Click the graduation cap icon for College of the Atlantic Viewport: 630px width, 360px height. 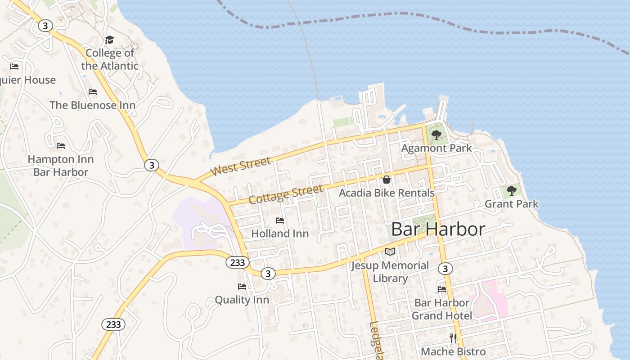click(109, 40)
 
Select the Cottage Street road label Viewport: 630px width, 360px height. click(286, 194)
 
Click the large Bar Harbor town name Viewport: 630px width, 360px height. click(438, 229)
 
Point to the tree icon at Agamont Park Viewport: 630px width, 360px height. click(436, 135)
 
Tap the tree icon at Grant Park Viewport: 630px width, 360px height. click(511, 191)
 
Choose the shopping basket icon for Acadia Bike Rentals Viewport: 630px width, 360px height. click(386, 180)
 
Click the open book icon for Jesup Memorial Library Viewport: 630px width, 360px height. click(390, 252)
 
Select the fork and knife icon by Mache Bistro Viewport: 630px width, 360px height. click(453, 338)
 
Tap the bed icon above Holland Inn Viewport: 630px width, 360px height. click(280, 220)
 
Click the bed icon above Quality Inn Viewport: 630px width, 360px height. click(242, 287)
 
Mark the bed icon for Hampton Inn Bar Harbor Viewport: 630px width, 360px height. click(61, 146)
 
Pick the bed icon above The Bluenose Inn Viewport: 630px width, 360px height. click(93, 92)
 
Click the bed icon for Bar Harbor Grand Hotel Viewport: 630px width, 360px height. click(442, 289)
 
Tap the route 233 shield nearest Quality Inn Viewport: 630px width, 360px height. click(237, 263)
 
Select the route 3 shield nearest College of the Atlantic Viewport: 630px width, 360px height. click(45, 26)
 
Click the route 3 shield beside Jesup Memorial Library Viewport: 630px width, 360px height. click(445, 269)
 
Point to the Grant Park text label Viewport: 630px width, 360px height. click(511, 204)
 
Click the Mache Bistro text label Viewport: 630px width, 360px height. click(453, 351)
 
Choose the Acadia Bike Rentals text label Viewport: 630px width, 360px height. click(387, 193)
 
